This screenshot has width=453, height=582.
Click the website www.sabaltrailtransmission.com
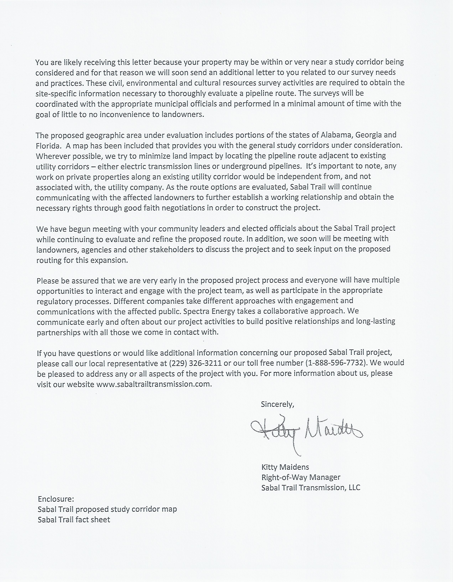coord(154,384)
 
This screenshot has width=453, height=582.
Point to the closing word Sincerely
coord(277,404)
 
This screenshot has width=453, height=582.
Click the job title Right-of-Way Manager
coord(301,477)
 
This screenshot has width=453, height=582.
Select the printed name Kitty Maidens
coord(285,467)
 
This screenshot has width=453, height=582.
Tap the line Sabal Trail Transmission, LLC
coord(311,487)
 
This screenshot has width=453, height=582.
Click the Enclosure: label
coord(56,499)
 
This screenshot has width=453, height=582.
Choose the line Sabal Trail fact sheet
coord(74,519)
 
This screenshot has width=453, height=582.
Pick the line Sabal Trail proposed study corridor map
coord(107,509)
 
